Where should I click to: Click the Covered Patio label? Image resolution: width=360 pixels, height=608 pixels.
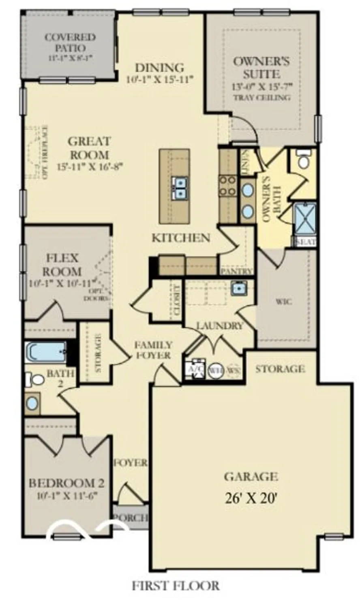[70, 42]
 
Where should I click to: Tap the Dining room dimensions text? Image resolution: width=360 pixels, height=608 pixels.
[158, 79]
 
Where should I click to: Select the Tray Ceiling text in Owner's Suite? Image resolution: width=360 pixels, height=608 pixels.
[261, 97]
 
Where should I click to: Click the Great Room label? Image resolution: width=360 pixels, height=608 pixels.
[89, 148]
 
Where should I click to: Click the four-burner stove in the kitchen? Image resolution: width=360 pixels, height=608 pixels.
[228, 186]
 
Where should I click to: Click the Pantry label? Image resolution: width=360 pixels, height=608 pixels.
[237, 271]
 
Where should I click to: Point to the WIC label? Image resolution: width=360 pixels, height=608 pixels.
[284, 302]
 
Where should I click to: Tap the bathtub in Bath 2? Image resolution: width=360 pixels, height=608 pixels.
[45, 351]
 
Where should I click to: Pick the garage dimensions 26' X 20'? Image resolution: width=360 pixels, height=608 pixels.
[251, 497]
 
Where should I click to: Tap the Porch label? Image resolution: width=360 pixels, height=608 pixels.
[130, 518]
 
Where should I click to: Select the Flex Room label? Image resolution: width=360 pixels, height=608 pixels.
[62, 264]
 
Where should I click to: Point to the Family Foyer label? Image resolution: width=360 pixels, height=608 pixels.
[153, 350]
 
